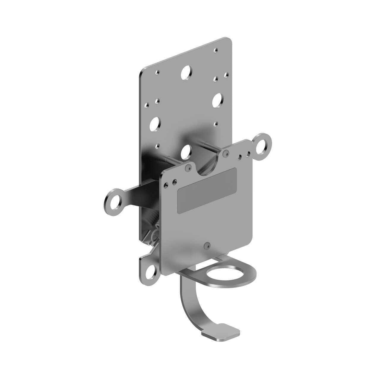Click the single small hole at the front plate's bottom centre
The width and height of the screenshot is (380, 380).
pyautogui.click(x=207, y=245)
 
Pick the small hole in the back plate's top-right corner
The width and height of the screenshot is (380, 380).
pyautogui.click(x=216, y=51)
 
